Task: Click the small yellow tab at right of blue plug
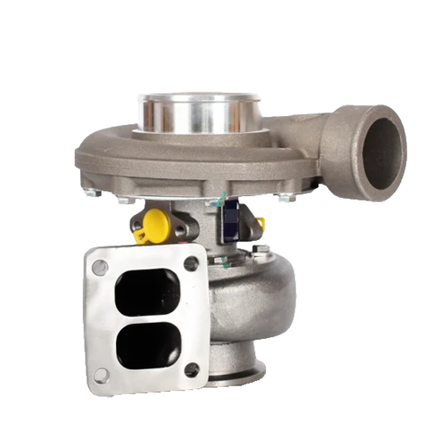coord(260,223)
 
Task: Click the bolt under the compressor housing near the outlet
coord(285,197)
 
